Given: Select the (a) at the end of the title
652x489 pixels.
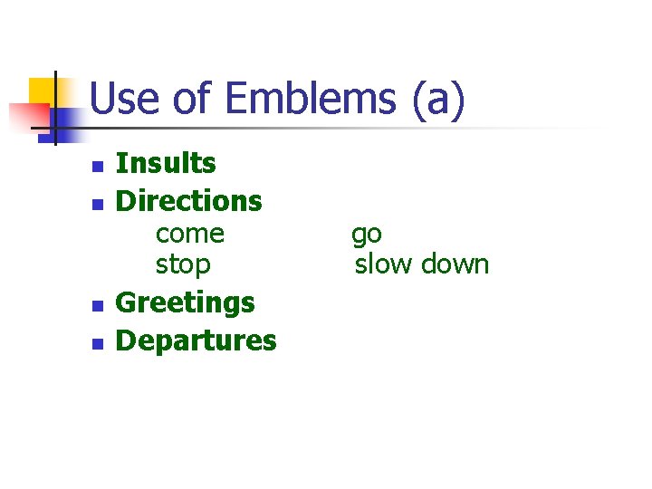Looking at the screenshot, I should (x=438, y=99).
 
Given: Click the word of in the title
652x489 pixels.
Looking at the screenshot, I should (x=192, y=99).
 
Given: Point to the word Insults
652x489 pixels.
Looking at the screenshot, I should (x=166, y=163).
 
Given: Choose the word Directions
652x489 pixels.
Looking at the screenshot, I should (x=189, y=200).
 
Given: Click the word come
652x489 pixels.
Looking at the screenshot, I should (x=189, y=234).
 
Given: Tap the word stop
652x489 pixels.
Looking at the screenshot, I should (x=183, y=264).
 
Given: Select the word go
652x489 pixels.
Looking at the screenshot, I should (x=367, y=235).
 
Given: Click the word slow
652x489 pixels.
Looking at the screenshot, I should (x=381, y=264).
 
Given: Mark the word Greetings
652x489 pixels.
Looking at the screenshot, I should (x=186, y=302).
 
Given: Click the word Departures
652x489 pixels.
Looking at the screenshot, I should (x=197, y=340).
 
